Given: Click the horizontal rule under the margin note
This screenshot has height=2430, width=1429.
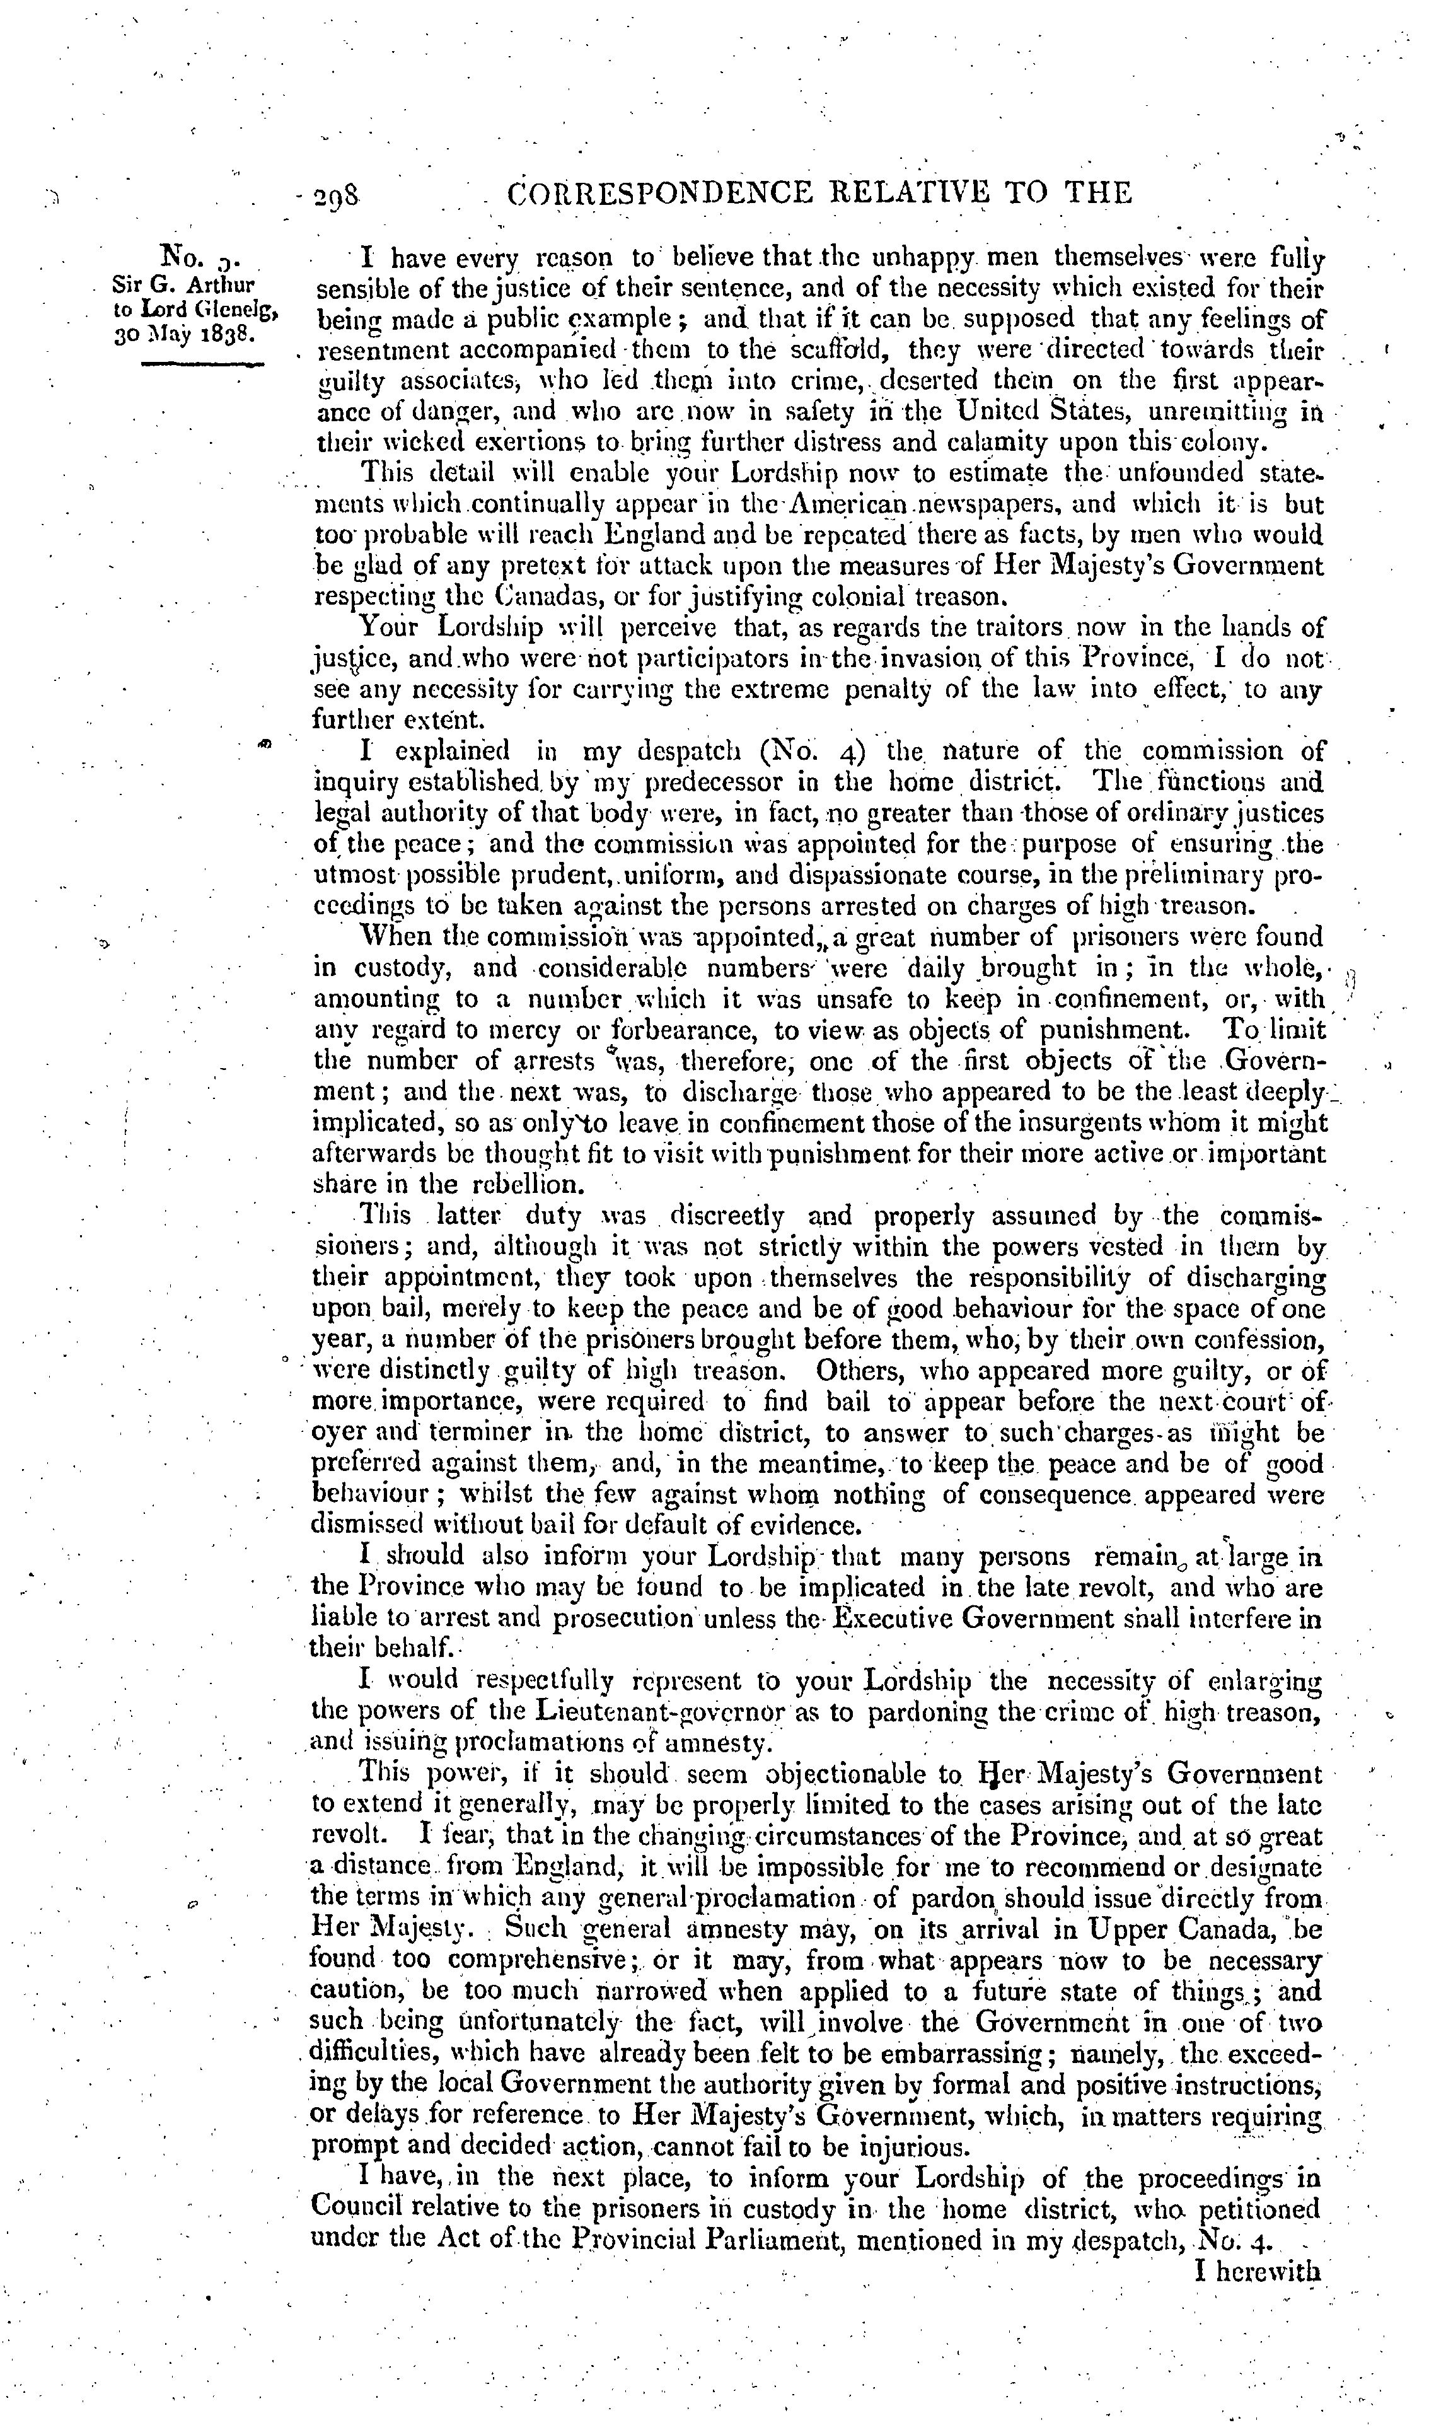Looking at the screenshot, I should pos(202,364).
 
